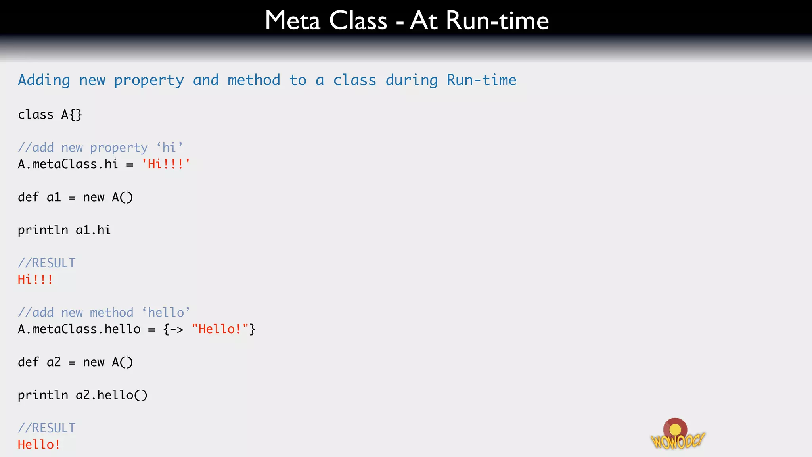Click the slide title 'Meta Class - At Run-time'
407,21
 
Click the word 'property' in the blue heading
149,81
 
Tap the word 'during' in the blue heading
412,81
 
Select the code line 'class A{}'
50,115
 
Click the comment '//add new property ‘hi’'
100,148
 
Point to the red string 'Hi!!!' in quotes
166,164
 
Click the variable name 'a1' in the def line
54,197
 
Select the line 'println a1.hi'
64,230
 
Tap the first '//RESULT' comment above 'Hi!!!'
47,263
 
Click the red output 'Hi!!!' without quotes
35,280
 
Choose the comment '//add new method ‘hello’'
104,313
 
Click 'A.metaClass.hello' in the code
79,329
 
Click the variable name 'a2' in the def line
54,362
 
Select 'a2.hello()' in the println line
111,395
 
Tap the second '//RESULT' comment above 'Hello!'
47,428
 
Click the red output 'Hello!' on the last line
39,445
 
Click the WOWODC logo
677,435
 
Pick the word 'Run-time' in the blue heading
481,81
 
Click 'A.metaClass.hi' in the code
68,164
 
